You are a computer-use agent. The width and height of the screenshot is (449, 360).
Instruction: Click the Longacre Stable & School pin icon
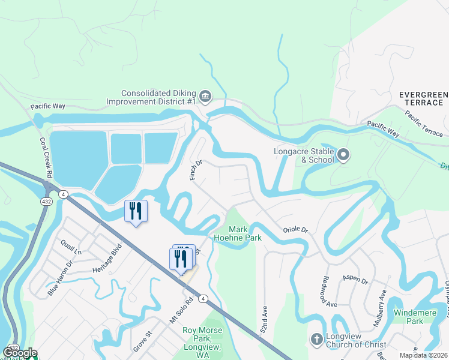click(343, 155)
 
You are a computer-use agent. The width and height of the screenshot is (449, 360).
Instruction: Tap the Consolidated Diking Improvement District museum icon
click(205, 96)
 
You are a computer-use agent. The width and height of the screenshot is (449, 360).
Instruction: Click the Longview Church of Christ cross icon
click(316, 340)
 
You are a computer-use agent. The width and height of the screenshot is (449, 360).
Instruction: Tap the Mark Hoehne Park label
click(246, 234)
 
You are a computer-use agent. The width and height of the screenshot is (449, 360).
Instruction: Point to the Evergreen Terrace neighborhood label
click(423, 99)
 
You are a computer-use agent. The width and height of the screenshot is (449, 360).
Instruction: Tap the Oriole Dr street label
click(295, 230)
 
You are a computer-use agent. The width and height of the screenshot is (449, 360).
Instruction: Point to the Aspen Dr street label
click(354, 278)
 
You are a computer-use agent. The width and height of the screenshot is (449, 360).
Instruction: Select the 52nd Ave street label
click(263, 305)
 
